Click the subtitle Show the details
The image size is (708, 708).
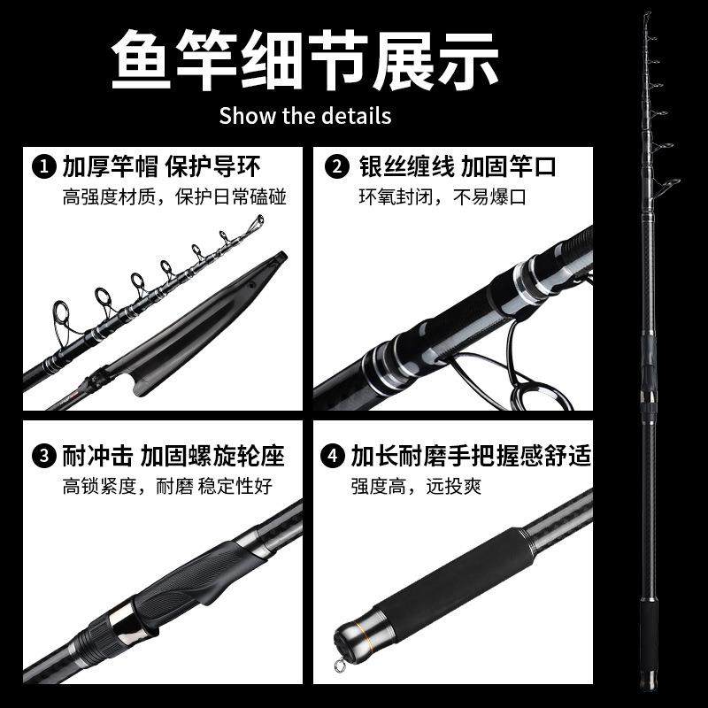304,116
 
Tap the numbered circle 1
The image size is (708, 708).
41,165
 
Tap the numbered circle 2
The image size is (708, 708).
336,165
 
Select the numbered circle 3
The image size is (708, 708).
41,457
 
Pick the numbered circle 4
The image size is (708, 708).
331,457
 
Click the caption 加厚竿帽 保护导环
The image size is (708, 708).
161,165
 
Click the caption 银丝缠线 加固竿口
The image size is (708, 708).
458,165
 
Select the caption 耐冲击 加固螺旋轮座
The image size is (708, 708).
173,457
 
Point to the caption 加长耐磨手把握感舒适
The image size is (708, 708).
470,457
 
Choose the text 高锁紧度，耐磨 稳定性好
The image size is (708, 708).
166,487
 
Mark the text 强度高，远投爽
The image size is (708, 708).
415,487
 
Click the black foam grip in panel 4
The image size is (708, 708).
442,575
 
